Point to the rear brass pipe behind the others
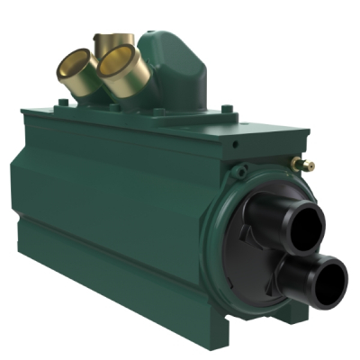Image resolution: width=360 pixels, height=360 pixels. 112,40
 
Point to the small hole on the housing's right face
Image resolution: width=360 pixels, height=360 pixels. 235,144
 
